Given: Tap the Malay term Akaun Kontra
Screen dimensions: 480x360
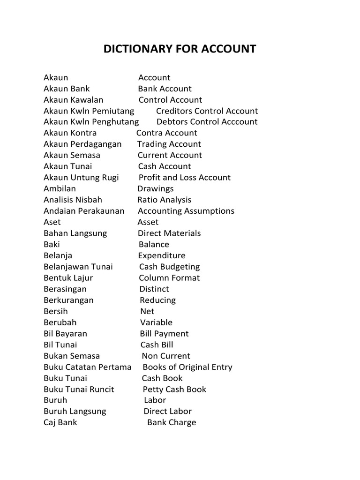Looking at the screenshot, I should [70, 133].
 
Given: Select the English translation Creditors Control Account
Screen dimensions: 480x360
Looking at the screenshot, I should [207, 111].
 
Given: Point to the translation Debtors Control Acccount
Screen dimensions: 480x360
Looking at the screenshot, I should [207, 122].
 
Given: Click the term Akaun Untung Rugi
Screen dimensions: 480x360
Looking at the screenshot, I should [81, 178].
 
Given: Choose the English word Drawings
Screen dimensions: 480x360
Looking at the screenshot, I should [155, 189].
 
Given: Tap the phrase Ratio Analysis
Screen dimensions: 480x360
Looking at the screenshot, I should [164, 200].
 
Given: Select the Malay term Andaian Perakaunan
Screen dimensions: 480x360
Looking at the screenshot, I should [84, 211].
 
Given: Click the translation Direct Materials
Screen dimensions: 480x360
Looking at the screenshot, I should [169, 233].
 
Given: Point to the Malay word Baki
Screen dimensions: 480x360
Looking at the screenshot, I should [52, 245].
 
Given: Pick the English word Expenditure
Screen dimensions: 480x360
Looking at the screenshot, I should [162, 256].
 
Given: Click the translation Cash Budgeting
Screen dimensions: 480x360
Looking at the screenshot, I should [169, 267].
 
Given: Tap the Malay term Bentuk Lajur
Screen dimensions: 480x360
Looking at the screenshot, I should [68, 278].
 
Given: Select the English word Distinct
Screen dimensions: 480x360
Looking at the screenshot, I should [154, 289].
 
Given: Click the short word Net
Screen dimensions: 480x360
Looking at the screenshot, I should [147, 311].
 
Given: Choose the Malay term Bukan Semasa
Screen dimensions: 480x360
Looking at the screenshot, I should [72, 356].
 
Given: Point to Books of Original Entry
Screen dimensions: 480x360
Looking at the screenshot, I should [187, 367].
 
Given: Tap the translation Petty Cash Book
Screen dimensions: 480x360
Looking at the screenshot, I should [174, 390].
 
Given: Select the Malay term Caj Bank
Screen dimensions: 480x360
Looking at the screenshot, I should [60, 423].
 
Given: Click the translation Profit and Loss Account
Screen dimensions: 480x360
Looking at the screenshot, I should [185, 178].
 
